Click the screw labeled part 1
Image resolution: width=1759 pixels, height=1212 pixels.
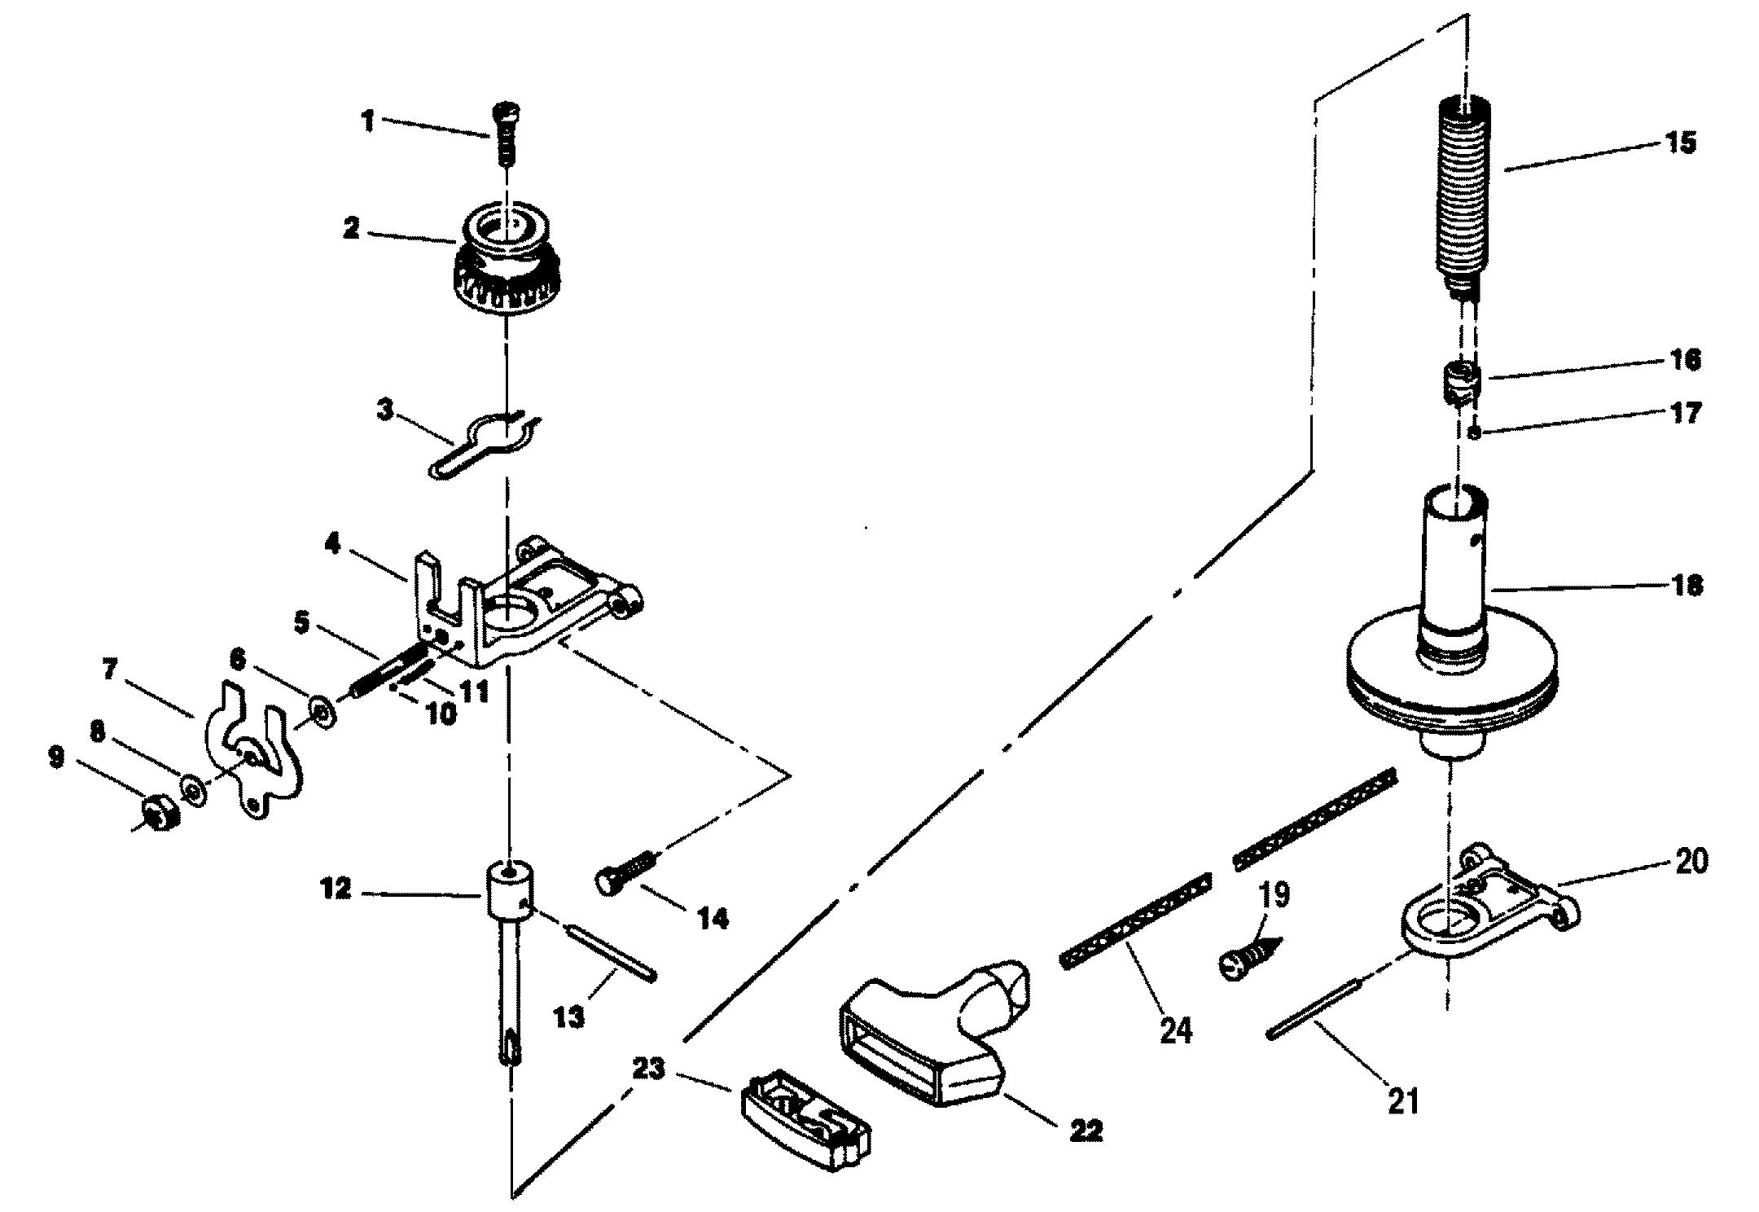pyautogui.click(x=507, y=134)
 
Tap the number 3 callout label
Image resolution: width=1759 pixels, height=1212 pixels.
pyautogui.click(x=385, y=411)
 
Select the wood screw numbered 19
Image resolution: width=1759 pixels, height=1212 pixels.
pyautogui.click(x=1252, y=955)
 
